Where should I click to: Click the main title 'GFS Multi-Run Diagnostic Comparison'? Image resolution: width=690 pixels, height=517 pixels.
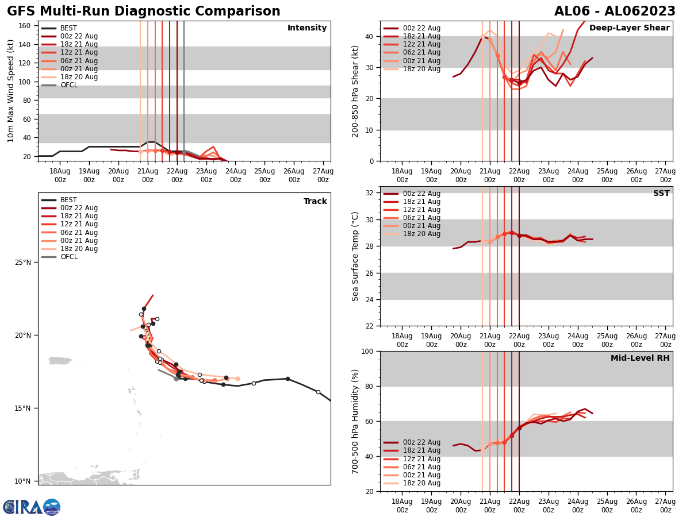point(143,11)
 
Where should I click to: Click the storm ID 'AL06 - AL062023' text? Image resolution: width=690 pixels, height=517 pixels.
point(615,11)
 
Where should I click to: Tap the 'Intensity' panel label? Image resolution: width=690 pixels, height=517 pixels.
point(306,28)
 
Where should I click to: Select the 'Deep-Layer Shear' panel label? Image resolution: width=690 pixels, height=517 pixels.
point(629,28)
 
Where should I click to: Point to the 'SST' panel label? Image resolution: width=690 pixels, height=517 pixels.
point(661,194)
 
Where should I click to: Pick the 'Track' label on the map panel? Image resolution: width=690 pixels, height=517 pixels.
point(315,202)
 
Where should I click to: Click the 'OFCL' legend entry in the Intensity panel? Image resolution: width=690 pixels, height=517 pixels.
point(68,85)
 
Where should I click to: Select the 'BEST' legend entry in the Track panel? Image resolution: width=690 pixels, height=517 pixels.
point(68,200)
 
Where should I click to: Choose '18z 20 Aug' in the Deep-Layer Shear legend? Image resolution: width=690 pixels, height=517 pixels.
point(422,69)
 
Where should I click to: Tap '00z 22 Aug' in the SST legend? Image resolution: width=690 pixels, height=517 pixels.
point(422,194)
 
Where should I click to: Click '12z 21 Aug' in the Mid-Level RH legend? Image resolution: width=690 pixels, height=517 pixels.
point(422,459)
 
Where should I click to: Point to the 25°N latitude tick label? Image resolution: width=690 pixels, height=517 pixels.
point(23,263)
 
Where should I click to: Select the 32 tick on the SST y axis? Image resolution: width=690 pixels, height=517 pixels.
point(370,193)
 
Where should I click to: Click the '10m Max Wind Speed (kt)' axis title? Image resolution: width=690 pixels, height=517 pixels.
point(11,91)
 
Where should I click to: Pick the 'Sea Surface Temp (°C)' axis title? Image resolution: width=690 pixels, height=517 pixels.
point(356,256)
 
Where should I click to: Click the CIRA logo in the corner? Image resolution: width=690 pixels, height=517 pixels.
point(32,507)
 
